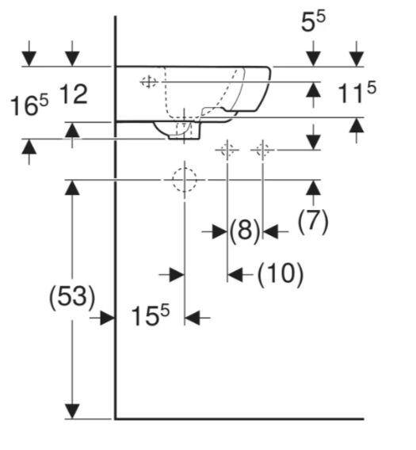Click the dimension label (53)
pos(72,297)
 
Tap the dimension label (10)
pos(281,274)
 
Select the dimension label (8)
pos(245,231)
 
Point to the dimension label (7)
pos(313,221)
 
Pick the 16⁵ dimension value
pos(29,105)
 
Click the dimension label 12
pos(74,94)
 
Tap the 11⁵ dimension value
pos(357,92)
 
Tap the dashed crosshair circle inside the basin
pos(149,82)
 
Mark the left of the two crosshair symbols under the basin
pos(227,150)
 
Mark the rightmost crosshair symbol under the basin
pos(263,150)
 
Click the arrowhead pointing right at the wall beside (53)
pos(108,318)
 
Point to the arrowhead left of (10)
pos(235,275)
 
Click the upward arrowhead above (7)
pos(313,188)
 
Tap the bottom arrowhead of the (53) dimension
pos(72,411)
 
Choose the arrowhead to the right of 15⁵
pos(192,318)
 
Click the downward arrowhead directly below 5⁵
pos(313,59)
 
